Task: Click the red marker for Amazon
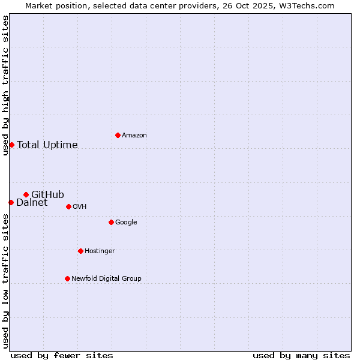click(118, 135)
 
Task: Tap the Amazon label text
click(134, 136)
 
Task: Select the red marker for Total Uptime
click(11, 145)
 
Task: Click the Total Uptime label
click(47, 145)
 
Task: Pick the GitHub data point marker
click(26, 194)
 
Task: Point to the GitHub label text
click(47, 194)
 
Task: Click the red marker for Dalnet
click(11, 202)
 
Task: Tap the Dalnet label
click(32, 203)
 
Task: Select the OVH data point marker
click(68, 206)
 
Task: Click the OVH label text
click(80, 207)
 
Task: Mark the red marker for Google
click(111, 222)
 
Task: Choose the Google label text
click(126, 223)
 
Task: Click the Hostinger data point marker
click(80, 251)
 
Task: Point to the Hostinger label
click(100, 251)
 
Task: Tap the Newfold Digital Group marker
click(67, 278)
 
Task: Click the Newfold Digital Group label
click(106, 279)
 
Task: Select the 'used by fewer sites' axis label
click(62, 355)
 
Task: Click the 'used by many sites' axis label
click(301, 355)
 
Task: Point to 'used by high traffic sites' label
click(5, 85)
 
